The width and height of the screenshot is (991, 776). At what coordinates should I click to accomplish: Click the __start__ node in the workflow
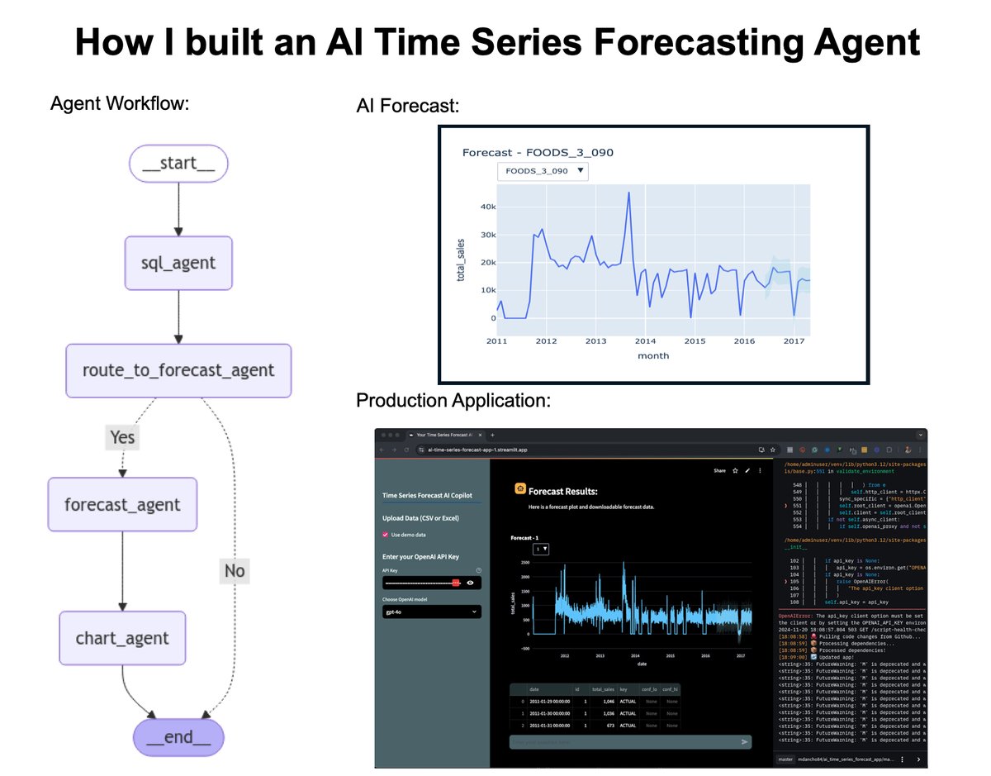[x=178, y=163]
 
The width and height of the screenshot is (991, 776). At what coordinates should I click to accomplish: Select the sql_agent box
[x=178, y=263]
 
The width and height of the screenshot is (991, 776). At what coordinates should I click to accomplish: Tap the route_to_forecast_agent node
[x=178, y=370]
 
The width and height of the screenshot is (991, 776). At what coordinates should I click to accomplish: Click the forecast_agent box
[x=122, y=504]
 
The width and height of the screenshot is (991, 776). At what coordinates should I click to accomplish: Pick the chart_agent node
[x=122, y=638]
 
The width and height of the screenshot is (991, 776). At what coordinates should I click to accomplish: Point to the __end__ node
[x=178, y=737]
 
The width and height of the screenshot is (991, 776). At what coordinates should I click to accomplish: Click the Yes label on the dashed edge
[x=122, y=436]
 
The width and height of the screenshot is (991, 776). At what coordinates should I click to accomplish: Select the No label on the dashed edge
[x=235, y=570]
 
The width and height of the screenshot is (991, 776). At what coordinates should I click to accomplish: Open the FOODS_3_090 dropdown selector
[x=543, y=171]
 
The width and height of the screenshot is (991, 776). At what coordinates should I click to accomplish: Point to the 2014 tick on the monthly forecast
[x=645, y=340]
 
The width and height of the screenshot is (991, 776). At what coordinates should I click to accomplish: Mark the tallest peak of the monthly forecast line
[x=629, y=193]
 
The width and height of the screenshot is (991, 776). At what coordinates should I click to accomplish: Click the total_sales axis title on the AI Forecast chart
[x=461, y=259]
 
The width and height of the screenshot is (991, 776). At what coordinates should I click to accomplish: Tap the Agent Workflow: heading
[x=120, y=104]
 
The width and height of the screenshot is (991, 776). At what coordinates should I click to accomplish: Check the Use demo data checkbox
[x=386, y=535]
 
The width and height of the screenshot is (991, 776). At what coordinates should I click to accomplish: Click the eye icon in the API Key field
[x=470, y=583]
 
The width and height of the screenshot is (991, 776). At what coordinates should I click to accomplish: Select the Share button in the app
[x=719, y=471]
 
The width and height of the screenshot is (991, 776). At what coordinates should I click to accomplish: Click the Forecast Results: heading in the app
[x=562, y=491]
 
